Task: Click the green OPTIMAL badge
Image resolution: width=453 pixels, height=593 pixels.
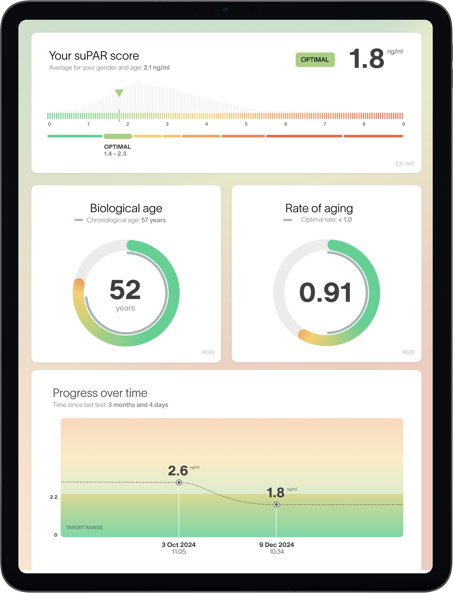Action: coord(315,60)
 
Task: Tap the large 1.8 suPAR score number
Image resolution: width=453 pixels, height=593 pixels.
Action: coord(366,59)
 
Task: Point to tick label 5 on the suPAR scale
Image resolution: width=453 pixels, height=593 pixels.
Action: coord(246,124)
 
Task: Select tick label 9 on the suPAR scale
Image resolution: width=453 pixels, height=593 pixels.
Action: coord(403,124)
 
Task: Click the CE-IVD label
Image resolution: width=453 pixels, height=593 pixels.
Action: coord(405,164)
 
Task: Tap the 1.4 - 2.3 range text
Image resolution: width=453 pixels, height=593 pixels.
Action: coord(115,154)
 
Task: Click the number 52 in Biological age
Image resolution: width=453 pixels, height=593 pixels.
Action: coord(125,290)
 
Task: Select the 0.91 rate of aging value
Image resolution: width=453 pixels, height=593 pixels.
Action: coord(325,293)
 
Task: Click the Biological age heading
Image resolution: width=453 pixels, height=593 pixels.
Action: coord(126,208)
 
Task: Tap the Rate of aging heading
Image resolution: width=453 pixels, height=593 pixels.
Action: coord(319,208)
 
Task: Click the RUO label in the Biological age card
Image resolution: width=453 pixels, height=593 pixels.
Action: coord(208,352)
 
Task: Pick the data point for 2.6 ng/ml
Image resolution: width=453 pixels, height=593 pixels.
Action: coord(179,483)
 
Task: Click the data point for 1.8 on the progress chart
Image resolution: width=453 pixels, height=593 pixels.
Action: coord(276,504)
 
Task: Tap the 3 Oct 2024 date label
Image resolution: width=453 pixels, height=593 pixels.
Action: coord(178,545)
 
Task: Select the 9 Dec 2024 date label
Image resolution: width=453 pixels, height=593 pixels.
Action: coord(277,545)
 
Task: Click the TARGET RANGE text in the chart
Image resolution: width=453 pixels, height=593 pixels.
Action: coord(84,527)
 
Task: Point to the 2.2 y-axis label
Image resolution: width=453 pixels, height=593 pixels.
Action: coord(54,497)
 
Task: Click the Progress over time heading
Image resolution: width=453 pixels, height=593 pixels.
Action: coord(100,393)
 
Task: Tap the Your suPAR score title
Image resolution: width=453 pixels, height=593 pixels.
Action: coord(94,56)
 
